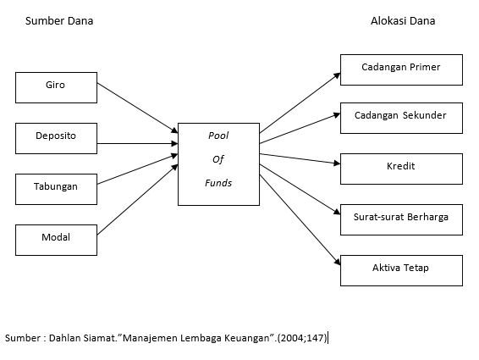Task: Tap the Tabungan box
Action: tap(56, 187)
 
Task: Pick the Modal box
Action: tap(56, 238)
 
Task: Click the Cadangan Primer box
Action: tap(401, 69)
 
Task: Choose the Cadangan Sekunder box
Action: tap(401, 117)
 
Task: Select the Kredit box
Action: tap(401, 168)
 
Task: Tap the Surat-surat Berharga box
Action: tap(401, 219)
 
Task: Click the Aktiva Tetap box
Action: tap(401, 269)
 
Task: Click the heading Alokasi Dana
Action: tap(403, 21)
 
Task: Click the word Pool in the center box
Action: tap(218, 136)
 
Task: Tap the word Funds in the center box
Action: tap(218, 183)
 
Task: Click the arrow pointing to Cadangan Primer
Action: tap(300, 101)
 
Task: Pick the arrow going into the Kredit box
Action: tap(300, 158)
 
